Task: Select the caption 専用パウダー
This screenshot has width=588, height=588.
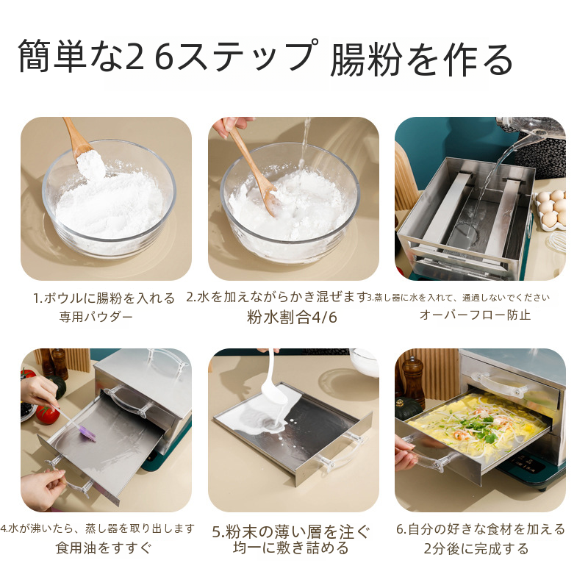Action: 96,317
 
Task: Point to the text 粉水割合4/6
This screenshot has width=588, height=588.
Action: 292,318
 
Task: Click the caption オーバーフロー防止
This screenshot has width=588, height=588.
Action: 475,315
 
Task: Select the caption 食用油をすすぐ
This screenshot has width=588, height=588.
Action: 104,548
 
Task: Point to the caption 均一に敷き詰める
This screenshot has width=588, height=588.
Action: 291,548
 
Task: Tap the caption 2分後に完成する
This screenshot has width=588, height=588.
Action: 476,548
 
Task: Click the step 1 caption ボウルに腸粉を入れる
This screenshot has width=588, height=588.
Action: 110,298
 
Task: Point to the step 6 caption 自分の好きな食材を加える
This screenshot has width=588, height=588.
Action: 487,529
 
